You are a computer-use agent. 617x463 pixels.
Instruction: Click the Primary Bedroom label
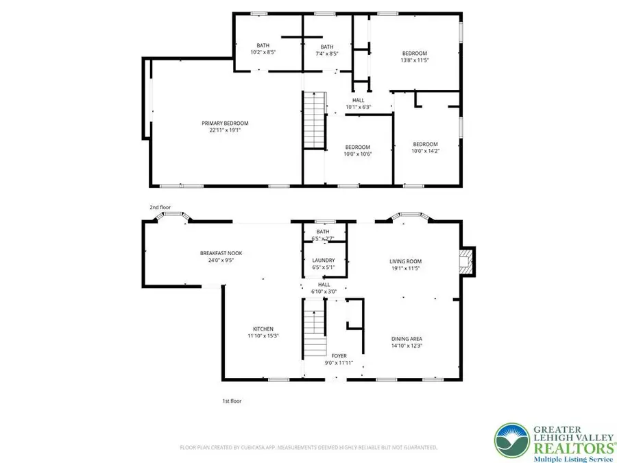coord(225,123)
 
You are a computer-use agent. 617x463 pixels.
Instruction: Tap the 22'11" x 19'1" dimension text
coord(225,130)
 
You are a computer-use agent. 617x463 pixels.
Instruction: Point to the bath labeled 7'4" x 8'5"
coord(327,49)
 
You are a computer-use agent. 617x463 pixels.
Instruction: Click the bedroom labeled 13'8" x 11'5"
coord(414,57)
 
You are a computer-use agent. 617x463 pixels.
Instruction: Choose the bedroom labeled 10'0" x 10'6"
coord(357,150)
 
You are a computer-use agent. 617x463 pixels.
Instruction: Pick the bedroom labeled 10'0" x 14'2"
coord(424,147)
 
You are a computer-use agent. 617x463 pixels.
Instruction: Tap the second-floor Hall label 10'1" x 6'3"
coord(358,104)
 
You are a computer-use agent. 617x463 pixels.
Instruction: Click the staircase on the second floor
coord(314,120)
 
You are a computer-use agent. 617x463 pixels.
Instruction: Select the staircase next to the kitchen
coord(314,332)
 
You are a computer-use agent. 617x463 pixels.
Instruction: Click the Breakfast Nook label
coord(221,253)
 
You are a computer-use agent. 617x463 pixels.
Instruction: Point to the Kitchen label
coord(263,329)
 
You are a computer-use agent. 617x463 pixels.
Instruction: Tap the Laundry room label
coord(323,260)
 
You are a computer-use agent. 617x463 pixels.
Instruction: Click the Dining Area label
coord(406,339)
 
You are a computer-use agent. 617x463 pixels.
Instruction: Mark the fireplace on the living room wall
coord(467,261)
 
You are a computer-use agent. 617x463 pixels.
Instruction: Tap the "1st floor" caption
coord(231,401)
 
